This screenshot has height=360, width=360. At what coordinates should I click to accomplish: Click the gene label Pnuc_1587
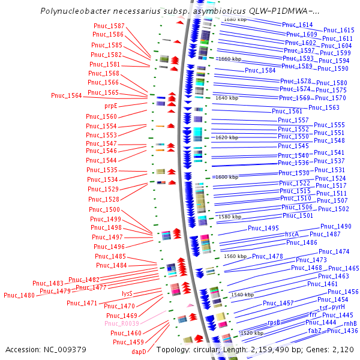point(109,26)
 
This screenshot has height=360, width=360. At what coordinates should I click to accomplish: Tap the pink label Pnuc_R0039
point(122,323)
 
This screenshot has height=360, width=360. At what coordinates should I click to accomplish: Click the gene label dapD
point(139,352)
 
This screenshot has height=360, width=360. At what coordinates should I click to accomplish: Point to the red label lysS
point(127,293)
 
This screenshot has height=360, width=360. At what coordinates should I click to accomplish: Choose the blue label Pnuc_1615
point(338,30)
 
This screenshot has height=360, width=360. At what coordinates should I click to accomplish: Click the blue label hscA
point(292,234)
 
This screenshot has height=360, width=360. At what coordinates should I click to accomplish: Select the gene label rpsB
point(274,322)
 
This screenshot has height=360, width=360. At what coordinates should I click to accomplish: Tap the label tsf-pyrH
point(332,307)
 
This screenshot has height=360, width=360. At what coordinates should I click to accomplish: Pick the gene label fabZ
point(316,331)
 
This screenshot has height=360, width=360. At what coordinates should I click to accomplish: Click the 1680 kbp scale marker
point(235,20)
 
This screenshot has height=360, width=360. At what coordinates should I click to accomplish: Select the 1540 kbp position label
point(242,295)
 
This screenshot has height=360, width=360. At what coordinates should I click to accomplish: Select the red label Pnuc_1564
point(66,95)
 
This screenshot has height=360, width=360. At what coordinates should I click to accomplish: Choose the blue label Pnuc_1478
point(267,256)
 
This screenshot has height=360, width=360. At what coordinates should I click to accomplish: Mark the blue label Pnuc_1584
point(260,70)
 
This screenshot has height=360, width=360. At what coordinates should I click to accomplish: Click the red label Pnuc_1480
point(19,295)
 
